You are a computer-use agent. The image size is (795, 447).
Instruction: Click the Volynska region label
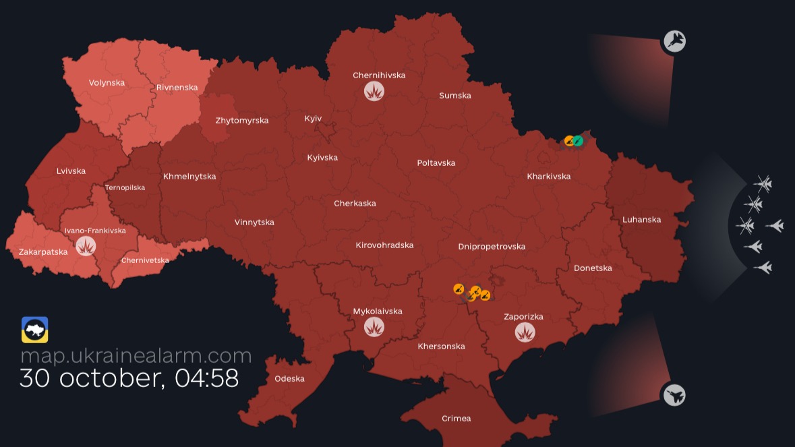[107, 83]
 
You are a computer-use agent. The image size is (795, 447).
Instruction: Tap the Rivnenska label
[177, 88]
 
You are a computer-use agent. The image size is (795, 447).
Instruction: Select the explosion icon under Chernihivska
[374, 91]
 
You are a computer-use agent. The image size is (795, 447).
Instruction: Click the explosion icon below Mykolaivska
[374, 327]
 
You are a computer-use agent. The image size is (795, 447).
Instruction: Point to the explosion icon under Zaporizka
[525, 332]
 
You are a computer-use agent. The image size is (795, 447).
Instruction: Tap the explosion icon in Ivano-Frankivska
[86, 246]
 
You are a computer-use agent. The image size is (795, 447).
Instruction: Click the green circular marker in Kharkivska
[578, 141]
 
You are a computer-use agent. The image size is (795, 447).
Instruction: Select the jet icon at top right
[674, 42]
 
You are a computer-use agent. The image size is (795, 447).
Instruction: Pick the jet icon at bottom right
[673, 395]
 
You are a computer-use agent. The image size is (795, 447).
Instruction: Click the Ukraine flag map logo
[34, 330]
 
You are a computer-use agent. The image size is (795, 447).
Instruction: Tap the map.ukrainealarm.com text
[136, 355]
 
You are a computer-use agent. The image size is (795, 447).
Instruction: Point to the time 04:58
[207, 378]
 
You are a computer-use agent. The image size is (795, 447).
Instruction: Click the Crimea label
[457, 419]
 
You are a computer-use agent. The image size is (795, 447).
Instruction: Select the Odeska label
[289, 379]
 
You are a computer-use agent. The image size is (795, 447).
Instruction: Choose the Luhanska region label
[642, 220]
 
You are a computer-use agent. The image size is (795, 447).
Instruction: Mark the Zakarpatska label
[43, 252]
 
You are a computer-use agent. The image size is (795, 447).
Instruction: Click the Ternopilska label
[125, 188]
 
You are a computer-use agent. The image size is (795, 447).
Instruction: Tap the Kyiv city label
[313, 119]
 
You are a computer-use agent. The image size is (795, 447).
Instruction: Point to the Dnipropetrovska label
[492, 247]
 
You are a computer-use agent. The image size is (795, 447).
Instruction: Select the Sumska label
[455, 96]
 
